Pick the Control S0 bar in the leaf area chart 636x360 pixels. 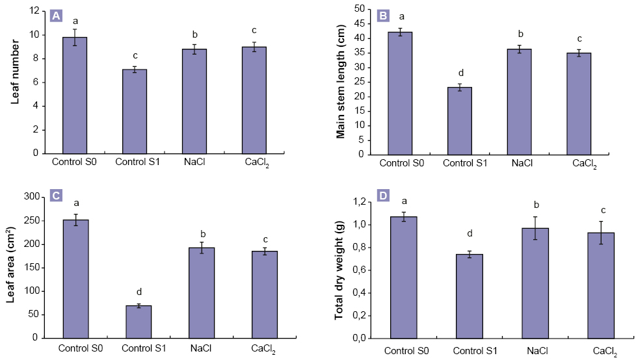[x=75, y=279]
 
